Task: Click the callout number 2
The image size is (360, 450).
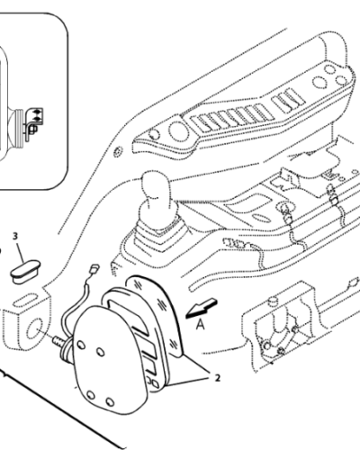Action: point(215,379)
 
